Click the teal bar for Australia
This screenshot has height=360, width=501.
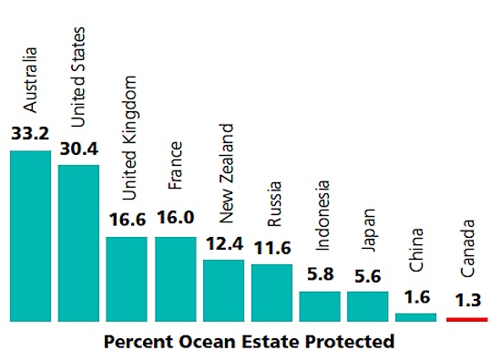(x=30, y=235)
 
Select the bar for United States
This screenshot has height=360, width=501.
(x=78, y=242)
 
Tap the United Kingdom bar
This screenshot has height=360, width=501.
(x=127, y=278)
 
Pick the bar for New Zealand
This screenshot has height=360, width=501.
(x=223, y=290)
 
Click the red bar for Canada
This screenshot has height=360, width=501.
(x=466, y=320)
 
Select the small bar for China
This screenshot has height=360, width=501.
(x=416, y=317)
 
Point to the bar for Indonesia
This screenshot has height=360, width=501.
(x=320, y=306)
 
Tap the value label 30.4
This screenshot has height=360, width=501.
(x=78, y=149)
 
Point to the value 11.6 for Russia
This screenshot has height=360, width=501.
(x=271, y=249)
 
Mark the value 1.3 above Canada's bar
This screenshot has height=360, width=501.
(x=466, y=300)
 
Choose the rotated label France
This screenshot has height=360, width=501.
(x=176, y=165)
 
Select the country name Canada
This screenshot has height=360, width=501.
(x=467, y=249)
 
